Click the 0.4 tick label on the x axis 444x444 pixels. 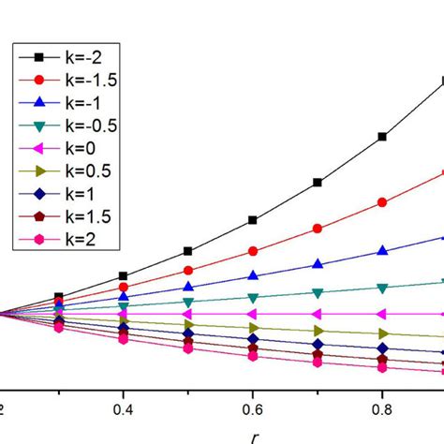[123, 409]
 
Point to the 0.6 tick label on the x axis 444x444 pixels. [252, 409]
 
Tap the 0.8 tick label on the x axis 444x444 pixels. [381, 409]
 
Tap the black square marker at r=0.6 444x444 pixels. [253, 220]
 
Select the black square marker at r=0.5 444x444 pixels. [188, 251]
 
